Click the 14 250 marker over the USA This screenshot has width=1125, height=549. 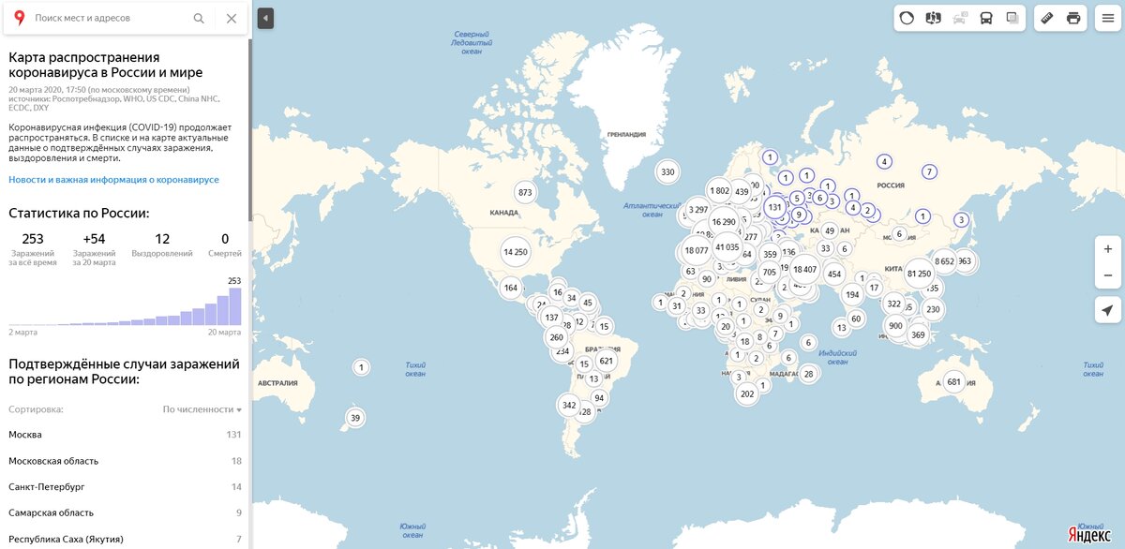point(515,251)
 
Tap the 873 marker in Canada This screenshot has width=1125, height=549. point(525,193)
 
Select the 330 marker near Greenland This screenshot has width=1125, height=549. point(667,171)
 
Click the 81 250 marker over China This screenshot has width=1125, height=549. point(919,273)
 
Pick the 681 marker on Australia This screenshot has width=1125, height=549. point(954,381)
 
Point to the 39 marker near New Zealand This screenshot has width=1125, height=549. point(354,418)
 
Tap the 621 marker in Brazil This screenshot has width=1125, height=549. point(606,361)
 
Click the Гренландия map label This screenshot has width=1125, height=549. point(626,134)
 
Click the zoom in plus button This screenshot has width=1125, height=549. point(1107,246)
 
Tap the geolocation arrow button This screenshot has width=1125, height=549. point(1107,311)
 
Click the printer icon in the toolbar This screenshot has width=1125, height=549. point(1073,18)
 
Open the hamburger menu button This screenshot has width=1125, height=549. point(1108,18)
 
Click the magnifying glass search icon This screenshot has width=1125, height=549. point(199,18)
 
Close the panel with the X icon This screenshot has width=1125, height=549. point(232,18)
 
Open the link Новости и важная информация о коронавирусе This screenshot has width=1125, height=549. point(113,179)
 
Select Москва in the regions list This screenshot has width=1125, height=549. point(25,435)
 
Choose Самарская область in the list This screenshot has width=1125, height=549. point(51,513)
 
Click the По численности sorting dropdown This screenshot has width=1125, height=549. point(202,409)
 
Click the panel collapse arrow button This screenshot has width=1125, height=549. point(265,18)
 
